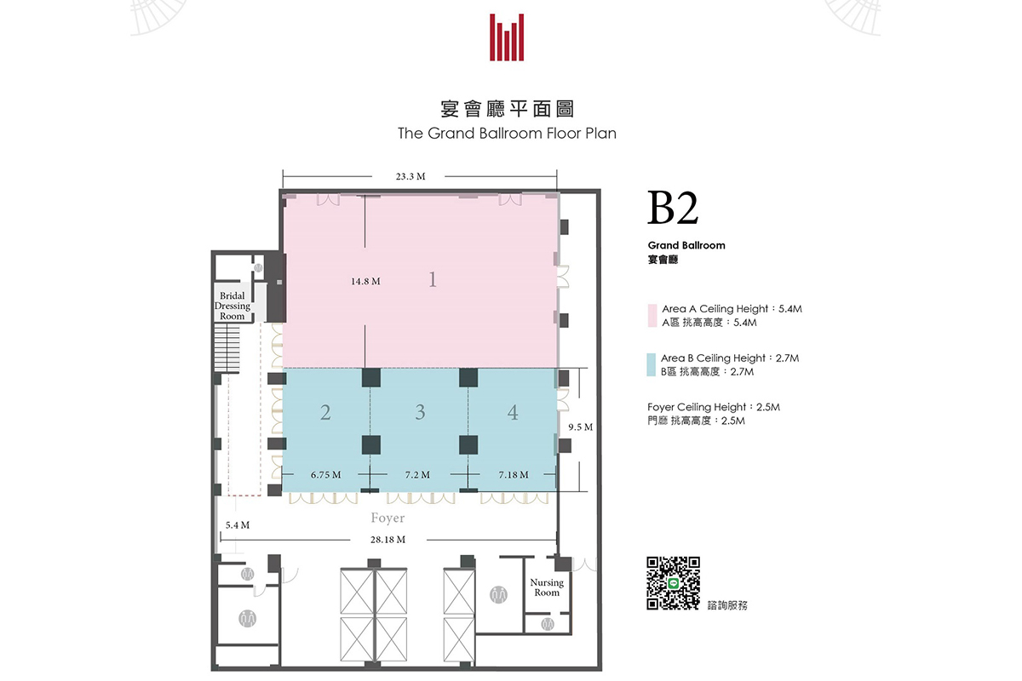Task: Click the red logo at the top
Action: click(507, 37)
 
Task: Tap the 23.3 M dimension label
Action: click(411, 176)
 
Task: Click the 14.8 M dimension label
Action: click(365, 282)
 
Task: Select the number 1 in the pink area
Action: click(433, 279)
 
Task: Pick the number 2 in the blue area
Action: click(325, 412)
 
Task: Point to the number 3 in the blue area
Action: click(420, 412)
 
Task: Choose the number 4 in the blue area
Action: click(513, 412)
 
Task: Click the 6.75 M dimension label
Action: click(325, 475)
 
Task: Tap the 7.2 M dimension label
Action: click(417, 475)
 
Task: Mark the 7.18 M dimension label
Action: click(514, 475)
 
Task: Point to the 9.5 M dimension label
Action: click(580, 427)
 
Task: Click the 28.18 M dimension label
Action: click(388, 540)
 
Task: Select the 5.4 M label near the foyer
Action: click(238, 525)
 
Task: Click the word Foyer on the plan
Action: click(388, 518)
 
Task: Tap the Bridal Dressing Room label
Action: click(233, 306)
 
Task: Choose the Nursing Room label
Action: click(547, 587)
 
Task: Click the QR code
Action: click(673, 583)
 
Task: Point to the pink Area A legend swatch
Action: click(652, 316)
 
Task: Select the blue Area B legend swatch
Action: click(651, 364)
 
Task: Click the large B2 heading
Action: click(673, 209)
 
